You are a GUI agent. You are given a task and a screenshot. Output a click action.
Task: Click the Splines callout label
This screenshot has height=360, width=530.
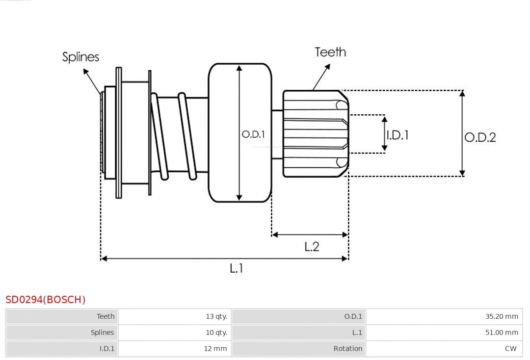tap(80, 57)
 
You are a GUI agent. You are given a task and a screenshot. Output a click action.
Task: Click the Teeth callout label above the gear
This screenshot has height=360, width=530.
tap(330, 52)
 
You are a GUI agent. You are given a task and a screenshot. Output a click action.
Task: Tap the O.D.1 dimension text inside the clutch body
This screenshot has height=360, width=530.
tap(254, 134)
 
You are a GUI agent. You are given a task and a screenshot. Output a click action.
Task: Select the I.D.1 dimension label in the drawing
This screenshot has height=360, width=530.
tap(397, 135)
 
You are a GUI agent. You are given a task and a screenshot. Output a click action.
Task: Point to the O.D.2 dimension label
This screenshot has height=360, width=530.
tap(480, 137)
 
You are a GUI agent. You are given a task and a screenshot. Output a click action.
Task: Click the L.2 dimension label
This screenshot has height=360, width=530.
tap(312, 247)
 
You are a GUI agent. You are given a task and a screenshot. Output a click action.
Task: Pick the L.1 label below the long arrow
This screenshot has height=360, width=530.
tap(237, 268)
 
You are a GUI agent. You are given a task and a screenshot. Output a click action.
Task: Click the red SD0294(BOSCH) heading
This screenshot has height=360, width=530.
tap(46, 299)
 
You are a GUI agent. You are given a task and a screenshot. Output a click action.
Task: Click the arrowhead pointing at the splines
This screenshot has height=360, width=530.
tap(85, 72)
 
